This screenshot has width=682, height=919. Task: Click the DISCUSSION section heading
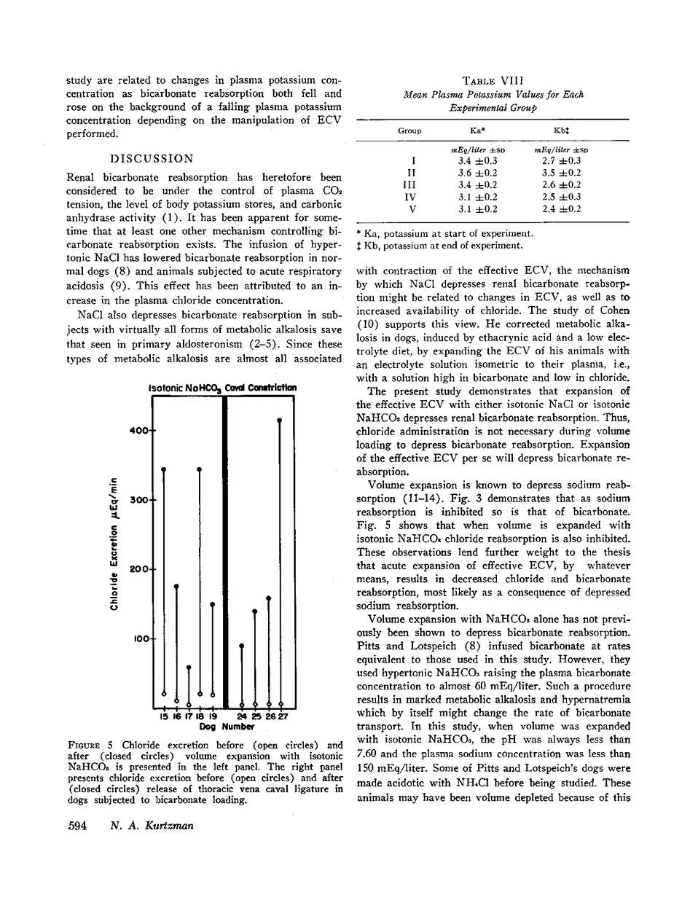(x=152, y=158)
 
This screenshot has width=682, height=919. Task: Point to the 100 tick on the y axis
(x=140, y=639)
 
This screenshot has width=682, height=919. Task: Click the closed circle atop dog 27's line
(x=281, y=421)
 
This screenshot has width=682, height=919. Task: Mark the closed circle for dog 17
(x=189, y=667)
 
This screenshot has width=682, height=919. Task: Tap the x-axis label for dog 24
(x=242, y=717)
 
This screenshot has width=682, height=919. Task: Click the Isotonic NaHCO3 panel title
(x=184, y=388)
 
